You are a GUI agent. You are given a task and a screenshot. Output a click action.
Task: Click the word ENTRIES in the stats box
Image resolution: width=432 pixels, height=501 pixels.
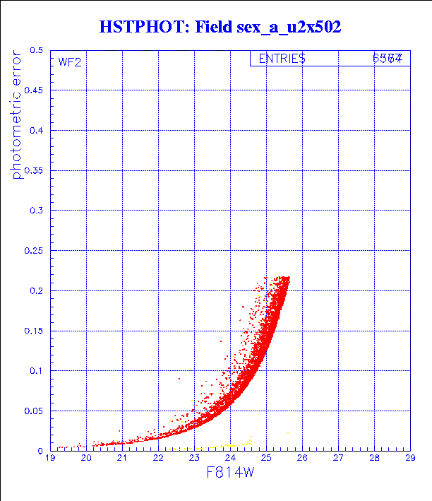point(282,59)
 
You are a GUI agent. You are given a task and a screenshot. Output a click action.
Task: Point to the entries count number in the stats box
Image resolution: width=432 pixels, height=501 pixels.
point(388,59)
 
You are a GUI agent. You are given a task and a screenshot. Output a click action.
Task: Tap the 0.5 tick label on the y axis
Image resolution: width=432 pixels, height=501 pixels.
point(36,51)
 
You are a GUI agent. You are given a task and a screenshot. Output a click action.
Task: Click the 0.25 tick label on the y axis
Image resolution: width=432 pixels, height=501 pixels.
point(33,251)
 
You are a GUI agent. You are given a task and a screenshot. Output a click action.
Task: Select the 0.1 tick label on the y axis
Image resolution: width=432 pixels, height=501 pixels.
point(36,370)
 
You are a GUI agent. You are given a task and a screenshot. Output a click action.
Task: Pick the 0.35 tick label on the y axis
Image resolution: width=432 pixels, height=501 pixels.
point(33,171)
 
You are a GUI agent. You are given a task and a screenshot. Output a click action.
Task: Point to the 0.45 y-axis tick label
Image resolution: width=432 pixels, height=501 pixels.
point(33,91)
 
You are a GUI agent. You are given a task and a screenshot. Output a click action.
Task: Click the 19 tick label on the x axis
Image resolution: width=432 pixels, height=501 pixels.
point(50,458)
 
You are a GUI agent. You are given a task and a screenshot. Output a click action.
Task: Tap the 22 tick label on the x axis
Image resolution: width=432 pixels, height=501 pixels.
point(158,458)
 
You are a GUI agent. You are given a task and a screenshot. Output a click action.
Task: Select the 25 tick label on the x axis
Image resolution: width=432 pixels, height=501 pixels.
point(266,458)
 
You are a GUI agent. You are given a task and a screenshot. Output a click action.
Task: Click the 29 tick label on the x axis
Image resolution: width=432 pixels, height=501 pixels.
point(409,458)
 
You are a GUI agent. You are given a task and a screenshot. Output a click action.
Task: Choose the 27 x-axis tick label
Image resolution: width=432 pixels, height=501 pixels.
point(338,458)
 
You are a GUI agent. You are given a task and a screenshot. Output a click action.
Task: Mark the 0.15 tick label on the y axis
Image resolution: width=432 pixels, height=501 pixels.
point(33,331)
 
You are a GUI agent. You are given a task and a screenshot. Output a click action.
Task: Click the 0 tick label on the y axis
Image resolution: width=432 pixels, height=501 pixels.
point(40,450)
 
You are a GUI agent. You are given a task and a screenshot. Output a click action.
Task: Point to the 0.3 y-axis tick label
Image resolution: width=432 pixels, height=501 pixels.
point(36,211)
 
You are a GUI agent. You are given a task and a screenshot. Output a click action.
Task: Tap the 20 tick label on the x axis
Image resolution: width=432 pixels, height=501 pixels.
point(86,458)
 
